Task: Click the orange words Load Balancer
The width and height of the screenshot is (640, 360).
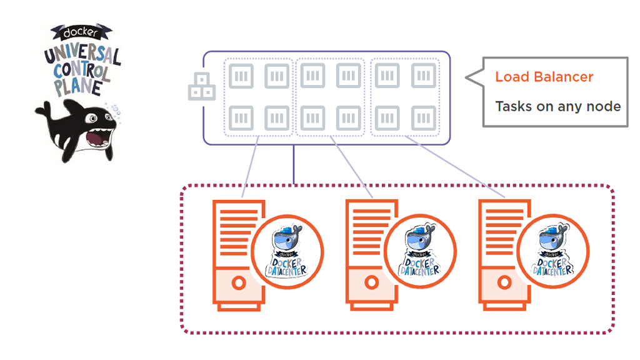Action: pyautogui.click(x=544, y=77)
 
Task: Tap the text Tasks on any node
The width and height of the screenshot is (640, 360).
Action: pyautogui.click(x=557, y=106)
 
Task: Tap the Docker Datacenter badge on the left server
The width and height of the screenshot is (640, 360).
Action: pyautogui.click(x=288, y=251)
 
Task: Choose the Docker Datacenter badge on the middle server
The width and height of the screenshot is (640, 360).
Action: pyautogui.click(x=421, y=251)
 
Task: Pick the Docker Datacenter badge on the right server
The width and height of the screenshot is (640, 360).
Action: pyautogui.click(x=553, y=251)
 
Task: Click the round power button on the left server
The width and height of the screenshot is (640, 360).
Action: pyautogui.click(x=238, y=282)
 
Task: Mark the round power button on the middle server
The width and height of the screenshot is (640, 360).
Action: pyautogui.click(x=371, y=282)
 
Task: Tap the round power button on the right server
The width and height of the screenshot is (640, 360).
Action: pyautogui.click(x=503, y=282)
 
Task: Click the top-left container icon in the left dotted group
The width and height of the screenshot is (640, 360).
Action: pyautogui.click(x=241, y=76)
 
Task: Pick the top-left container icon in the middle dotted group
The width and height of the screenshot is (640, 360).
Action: pyautogui.click(x=312, y=76)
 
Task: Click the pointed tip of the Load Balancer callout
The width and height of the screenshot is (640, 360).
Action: pyautogui.click(x=467, y=77)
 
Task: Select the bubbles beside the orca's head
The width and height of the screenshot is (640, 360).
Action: pyautogui.click(x=114, y=111)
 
